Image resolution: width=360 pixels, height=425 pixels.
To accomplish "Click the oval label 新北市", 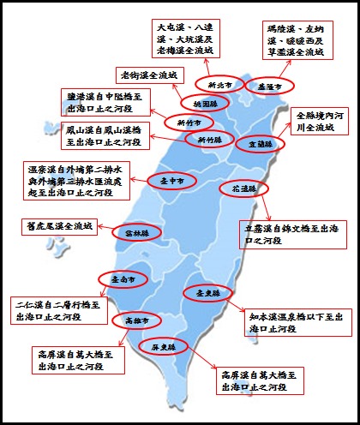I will tap(214, 84).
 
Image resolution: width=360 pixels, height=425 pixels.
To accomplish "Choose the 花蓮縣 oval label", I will tap(239, 188).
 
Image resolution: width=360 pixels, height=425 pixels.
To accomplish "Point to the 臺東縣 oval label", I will tap(202, 293).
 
